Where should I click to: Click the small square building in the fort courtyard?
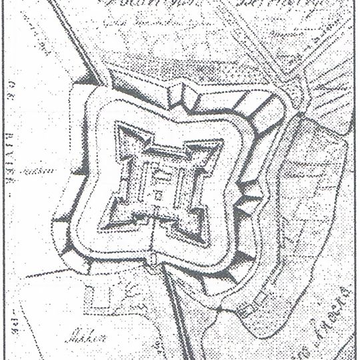coord(158,195)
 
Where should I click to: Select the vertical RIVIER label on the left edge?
coord(12,153)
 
